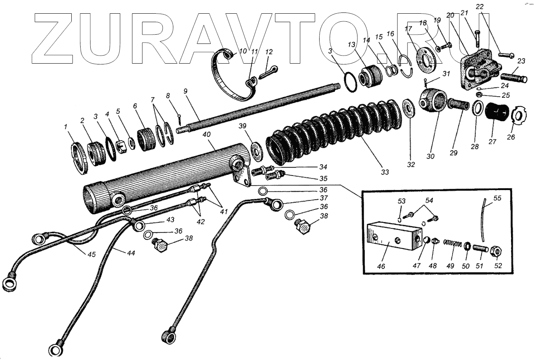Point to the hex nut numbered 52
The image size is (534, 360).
pyautogui.click(x=497, y=252)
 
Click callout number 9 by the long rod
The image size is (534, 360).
pyautogui.click(x=185, y=91)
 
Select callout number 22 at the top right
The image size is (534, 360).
pyautogui.click(x=479, y=7)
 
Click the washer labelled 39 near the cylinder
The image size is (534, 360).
pyautogui.click(x=255, y=147)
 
